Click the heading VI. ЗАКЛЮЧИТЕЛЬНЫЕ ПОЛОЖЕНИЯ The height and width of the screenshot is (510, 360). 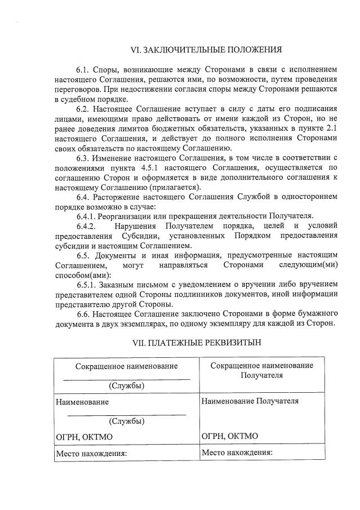coord(206,50)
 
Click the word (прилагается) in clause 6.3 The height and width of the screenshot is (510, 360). coord(175,187)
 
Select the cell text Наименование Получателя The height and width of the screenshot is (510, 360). coord(250,401)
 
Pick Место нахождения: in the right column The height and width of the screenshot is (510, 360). coord(237,452)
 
